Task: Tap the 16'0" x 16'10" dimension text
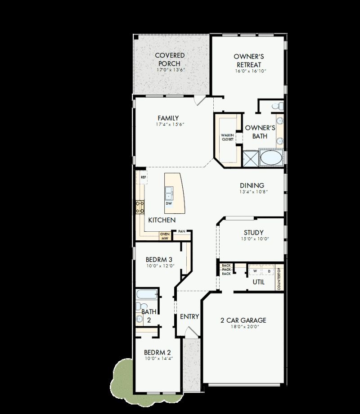248,71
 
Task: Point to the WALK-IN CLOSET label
227,137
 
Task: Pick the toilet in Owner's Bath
279,106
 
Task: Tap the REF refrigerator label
144,177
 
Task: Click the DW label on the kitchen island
169,203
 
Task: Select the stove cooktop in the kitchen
140,207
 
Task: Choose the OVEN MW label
165,236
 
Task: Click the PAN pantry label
181,231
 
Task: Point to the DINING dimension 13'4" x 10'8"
252,192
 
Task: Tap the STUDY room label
254,233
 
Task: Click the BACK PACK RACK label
226,270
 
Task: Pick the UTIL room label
258,282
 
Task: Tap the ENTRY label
189,316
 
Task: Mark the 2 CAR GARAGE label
243,320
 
